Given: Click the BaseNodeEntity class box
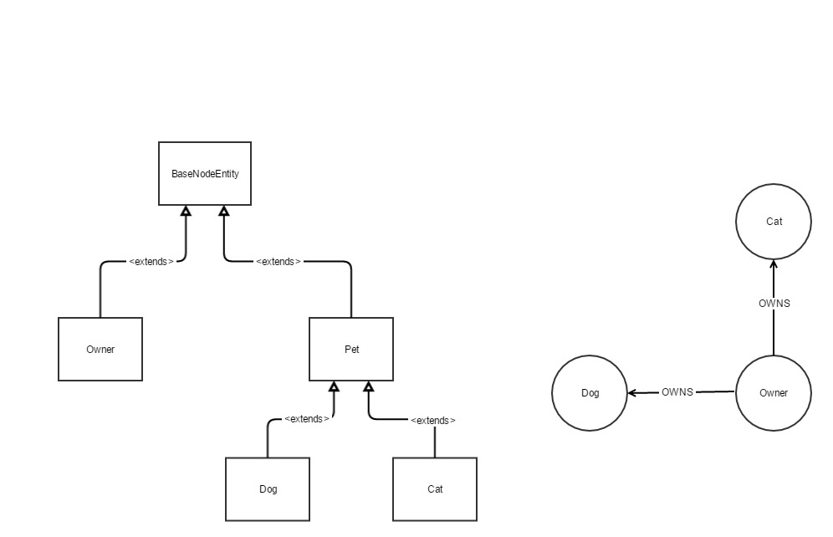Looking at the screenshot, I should (x=205, y=173).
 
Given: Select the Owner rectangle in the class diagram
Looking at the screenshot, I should (x=100, y=349).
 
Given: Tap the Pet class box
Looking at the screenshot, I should (x=351, y=349).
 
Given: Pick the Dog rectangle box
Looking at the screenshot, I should (x=268, y=488).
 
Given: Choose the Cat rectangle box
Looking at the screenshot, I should (x=435, y=488).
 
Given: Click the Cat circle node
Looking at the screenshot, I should (x=774, y=222).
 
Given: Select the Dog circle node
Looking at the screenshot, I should (x=590, y=392).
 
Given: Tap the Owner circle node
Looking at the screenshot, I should (x=774, y=392).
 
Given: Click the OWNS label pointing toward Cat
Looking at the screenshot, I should (x=774, y=304).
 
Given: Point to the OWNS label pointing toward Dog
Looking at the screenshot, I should (x=677, y=391).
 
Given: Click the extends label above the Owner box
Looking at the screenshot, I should (x=151, y=261).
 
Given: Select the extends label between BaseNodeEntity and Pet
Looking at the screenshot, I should (x=279, y=261).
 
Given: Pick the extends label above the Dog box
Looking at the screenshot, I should (x=306, y=418).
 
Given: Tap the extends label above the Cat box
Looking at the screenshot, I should (x=433, y=420).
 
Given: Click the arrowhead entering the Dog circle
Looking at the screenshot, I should (x=632, y=392).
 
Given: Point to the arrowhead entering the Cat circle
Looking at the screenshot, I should (x=774, y=264).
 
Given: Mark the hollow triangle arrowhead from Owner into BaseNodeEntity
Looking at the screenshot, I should (x=186, y=211).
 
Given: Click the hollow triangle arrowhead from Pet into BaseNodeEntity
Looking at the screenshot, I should (x=223, y=211).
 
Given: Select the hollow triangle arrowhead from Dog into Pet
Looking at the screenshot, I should (x=334, y=386).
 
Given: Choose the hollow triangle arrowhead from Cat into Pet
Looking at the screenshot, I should (x=368, y=386).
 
